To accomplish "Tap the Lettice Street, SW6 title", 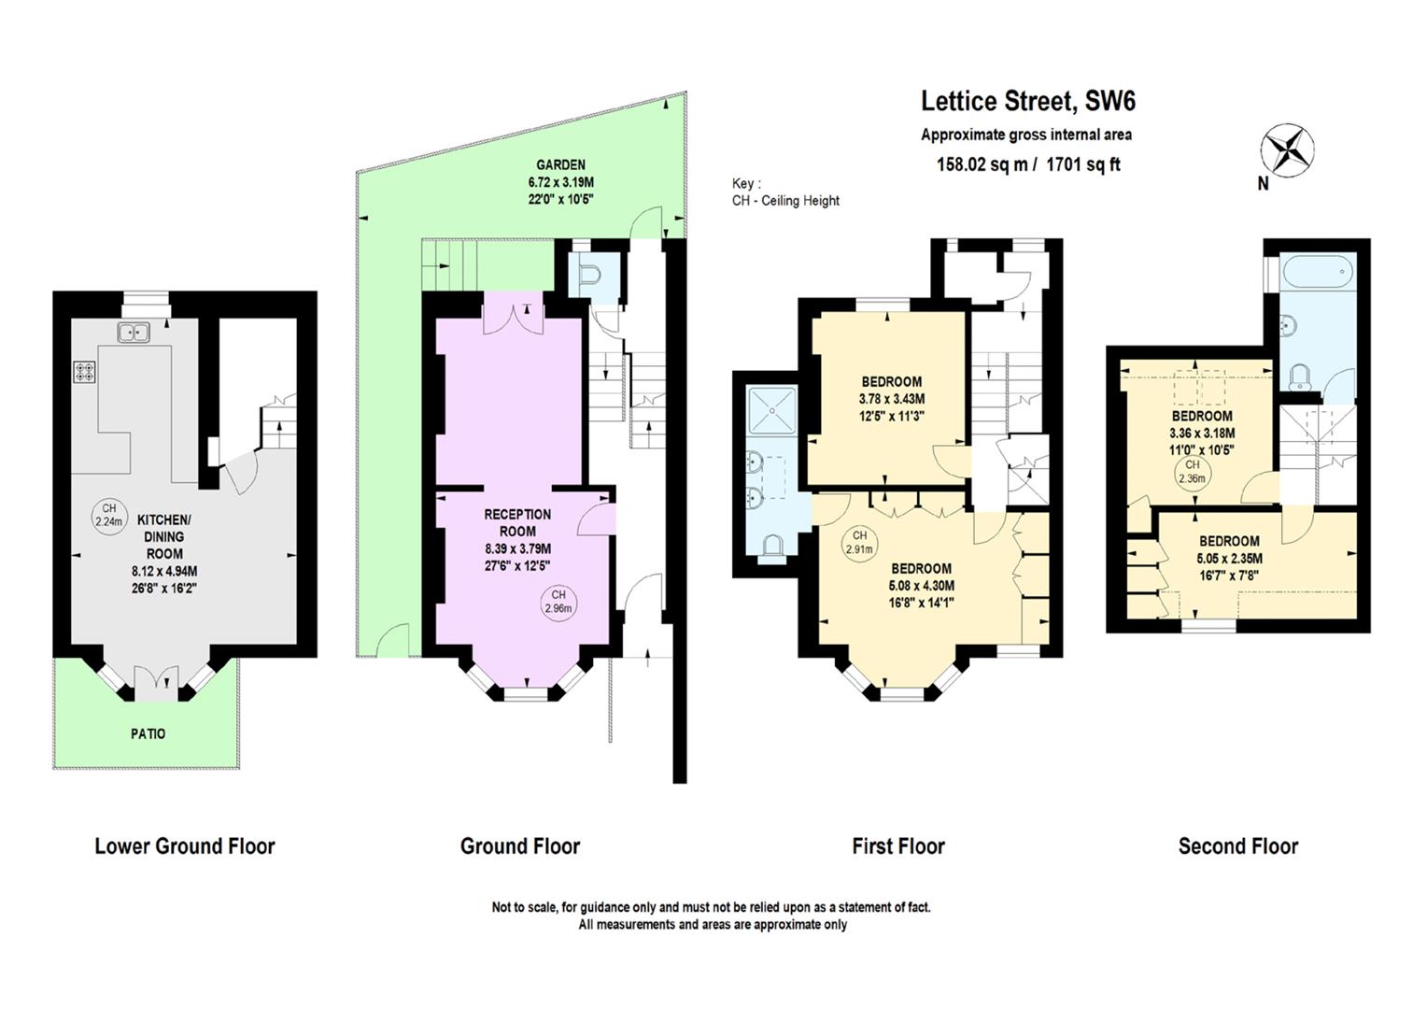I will pos(1028,101).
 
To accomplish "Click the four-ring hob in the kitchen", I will pos(85,372).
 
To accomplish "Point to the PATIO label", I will pos(148,734).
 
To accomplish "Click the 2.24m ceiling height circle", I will pos(109,516).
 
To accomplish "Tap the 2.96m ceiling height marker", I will pos(558,602).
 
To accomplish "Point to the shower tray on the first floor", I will pos(771,409).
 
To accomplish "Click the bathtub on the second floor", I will pos(1318,272).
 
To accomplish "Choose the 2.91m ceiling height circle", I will pos(859,543).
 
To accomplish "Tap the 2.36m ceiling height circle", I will pos(1193,472).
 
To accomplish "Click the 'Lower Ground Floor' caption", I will pos(185,846).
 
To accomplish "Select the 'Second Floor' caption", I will pos(1237,846).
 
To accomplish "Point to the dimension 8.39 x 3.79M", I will pos(517,548).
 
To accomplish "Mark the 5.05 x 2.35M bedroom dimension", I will pos(1229,559).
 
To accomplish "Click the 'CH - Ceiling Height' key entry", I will pos(785,201).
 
